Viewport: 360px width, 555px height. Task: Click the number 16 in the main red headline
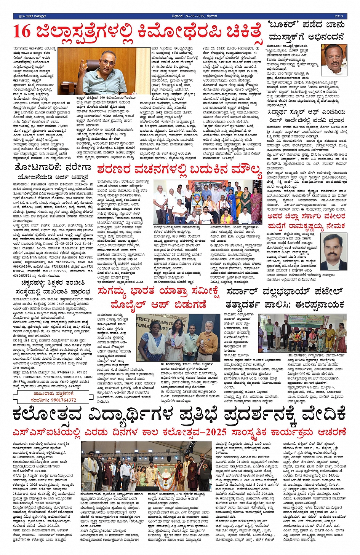pyautogui.click(x=22, y=31)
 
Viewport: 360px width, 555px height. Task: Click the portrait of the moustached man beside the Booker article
pyautogui.click(x=333, y=60)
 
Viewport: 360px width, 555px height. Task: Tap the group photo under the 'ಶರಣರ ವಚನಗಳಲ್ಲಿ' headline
pyautogui.click(x=202, y=202)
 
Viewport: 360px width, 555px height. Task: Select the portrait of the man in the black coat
pyautogui.click(x=333, y=252)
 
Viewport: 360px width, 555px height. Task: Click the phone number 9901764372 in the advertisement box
pyautogui.click(x=59, y=400)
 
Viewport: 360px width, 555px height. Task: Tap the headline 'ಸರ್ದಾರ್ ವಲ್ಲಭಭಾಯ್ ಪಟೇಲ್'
pyautogui.click(x=285, y=292)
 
